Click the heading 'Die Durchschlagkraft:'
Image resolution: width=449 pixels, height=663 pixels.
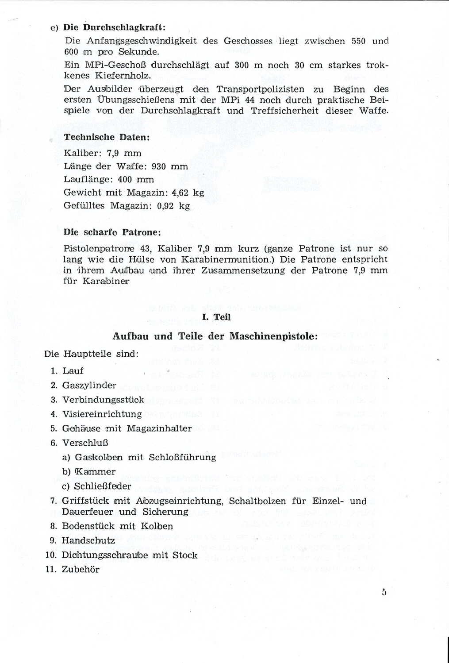(115, 27)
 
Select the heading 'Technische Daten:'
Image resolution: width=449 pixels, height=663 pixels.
(107, 137)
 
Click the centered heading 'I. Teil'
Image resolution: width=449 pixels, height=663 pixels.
(216, 317)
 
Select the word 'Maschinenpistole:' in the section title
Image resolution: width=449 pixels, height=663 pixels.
(273, 336)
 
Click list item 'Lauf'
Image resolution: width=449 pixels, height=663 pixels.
(73, 371)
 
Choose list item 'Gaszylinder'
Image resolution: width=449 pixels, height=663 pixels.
(89, 385)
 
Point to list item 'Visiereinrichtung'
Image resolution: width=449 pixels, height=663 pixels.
(102, 414)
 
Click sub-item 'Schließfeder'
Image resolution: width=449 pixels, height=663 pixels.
(103, 486)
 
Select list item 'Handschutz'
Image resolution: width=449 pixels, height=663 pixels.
(88, 540)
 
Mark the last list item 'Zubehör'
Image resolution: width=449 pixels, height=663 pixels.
(81, 570)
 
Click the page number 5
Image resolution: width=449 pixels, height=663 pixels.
(384, 592)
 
